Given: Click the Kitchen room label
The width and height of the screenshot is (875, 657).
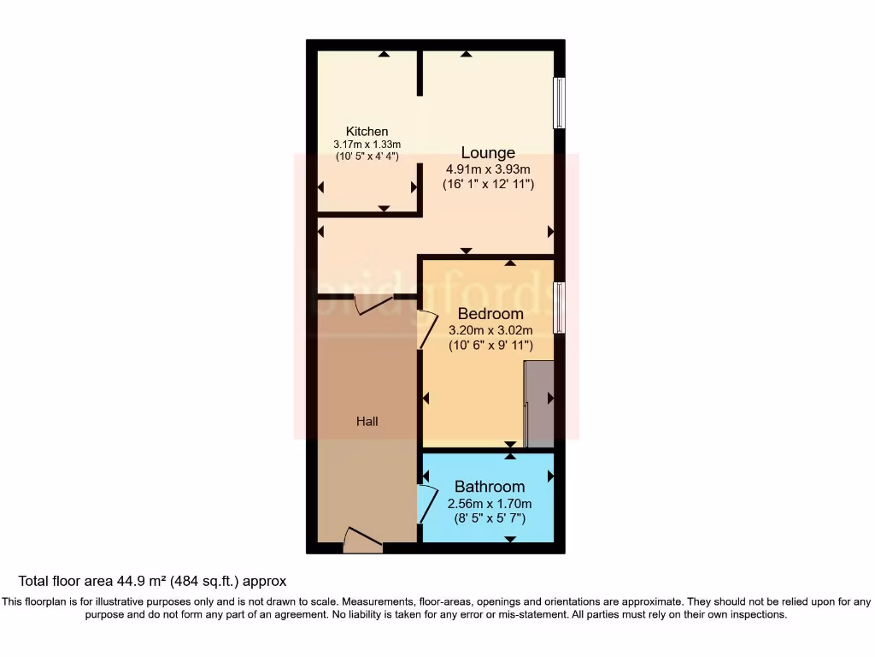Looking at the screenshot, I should click(367, 132).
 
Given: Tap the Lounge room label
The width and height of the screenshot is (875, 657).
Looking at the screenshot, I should click(488, 152).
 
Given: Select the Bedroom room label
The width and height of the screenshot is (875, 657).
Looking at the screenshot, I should click(490, 313).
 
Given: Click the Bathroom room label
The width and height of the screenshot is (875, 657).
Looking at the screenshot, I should click(490, 487).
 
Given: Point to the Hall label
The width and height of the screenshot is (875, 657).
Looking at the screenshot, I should click(367, 421).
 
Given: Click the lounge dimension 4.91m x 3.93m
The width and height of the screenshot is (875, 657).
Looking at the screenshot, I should click(488, 169).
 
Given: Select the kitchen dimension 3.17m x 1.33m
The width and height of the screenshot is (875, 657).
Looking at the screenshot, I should click(367, 145).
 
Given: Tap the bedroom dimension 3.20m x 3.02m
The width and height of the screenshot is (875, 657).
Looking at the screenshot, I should click(490, 330).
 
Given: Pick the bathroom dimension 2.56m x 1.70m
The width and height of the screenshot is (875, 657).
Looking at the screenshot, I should click(490, 504).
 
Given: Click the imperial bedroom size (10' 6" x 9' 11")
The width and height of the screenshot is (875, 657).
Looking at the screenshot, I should click(490, 346).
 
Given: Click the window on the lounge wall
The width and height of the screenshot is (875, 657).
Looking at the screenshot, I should click(559, 103).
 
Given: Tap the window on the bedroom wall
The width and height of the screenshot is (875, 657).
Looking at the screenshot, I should click(559, 308).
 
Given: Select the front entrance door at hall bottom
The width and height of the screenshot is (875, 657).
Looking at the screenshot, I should click(361, 541).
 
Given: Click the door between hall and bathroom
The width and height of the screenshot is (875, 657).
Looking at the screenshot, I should click(425, 503).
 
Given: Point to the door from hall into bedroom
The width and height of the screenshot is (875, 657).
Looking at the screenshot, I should click(425, 328).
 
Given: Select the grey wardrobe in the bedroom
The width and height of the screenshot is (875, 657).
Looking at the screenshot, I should click(539, 404).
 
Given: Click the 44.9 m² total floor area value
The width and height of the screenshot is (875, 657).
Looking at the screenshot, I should click(141, 581).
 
